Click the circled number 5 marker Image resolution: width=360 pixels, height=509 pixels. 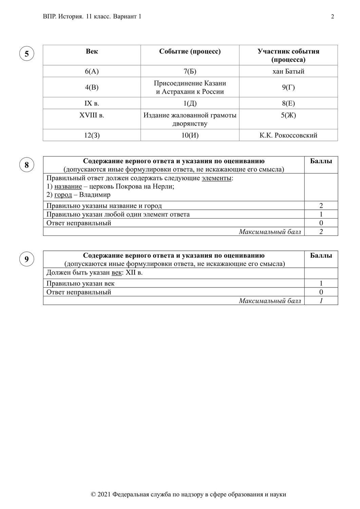tap(27, 54)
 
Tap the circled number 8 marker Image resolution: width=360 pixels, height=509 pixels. tap(27, 165)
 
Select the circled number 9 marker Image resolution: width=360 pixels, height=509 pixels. tap(27, 260)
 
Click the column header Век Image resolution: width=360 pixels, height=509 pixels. tap(92, 51)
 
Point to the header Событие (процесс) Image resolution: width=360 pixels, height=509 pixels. tap(190, 51)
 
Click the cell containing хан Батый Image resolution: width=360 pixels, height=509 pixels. tap(288, 71)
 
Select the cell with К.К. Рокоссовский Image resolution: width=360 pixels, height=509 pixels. tap(288, 135)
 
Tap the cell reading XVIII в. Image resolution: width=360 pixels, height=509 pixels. tap(92, 115)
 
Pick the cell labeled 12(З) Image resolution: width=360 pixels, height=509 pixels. tap(92, 135)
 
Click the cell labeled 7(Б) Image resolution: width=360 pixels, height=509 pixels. tap(190, 71)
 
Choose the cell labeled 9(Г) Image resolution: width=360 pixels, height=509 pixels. tap(288, 87)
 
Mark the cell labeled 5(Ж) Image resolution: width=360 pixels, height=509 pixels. tap(288, 115)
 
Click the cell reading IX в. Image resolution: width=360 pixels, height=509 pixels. tap(92, 103)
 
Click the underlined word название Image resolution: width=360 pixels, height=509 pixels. tap(68, 187)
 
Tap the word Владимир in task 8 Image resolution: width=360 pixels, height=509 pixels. tap(95, 195)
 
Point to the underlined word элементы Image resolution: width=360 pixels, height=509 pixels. tap(216, 178)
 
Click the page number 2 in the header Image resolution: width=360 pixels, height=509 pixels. tap(333, 17)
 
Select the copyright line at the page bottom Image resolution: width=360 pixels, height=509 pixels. tap(188, 494)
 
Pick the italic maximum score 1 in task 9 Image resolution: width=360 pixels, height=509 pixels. tap(321, 301)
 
